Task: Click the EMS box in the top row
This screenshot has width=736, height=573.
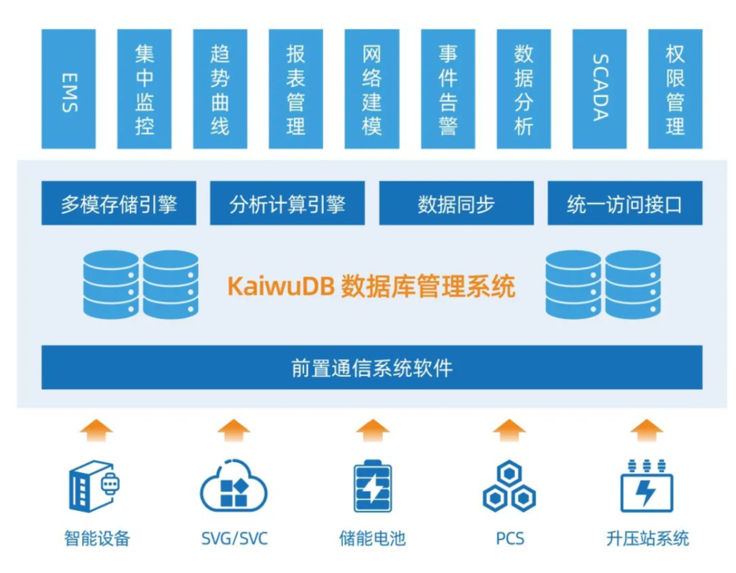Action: coord(69,89)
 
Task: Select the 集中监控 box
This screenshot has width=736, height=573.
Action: coord(144,89)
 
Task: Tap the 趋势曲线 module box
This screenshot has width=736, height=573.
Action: coord(220,89)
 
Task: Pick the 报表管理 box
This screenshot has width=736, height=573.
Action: coord(296,89)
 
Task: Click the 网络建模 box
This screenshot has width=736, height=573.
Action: coord(372,89)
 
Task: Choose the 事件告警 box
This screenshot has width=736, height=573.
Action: coord(448,89)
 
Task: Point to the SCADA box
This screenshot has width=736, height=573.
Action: coord(599,89)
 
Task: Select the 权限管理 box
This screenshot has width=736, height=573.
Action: coord(675,89)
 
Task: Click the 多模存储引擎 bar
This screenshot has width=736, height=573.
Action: coord(118,204)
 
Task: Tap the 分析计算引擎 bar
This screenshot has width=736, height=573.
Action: coord(287,204)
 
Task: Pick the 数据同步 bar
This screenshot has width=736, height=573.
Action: coord(456,204)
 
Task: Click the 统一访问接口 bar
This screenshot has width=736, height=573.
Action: coord(624,204)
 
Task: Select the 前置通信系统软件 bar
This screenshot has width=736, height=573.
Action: coord(372,368)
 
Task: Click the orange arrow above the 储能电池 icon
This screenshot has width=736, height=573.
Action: coord(373,431)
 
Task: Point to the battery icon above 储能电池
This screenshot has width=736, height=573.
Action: coord(373,487)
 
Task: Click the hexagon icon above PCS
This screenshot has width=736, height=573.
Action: coord(509,487)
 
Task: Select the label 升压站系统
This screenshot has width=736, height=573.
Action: coord(647,539)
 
